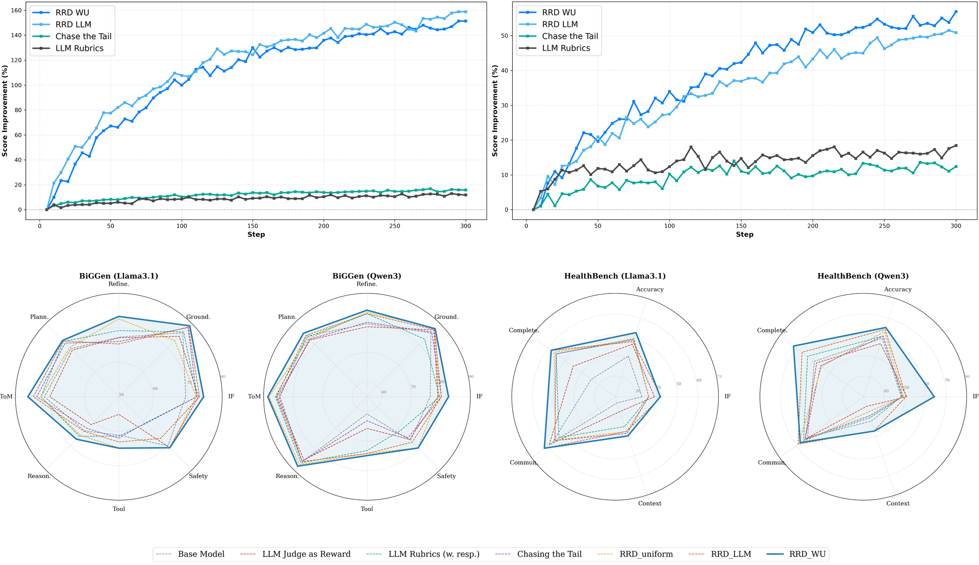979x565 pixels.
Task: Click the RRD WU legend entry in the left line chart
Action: click(72, 13)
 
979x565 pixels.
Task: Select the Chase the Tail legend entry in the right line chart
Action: click(569, 36)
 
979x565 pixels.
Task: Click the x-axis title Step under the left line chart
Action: click(256, 234)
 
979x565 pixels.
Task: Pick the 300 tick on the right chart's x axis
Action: click(956, 226)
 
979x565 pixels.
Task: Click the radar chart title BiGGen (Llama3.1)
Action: click(119, 276)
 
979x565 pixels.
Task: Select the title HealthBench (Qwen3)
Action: click(863, 276)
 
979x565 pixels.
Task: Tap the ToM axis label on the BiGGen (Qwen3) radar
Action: click(254, 396)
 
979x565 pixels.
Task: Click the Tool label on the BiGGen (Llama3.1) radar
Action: click(119, 509)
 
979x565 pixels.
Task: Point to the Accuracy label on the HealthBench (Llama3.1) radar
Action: click(650, 289)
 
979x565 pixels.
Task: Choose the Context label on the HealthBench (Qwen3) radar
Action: click(898, 503)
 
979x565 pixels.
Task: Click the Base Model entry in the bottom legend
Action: click(201, 554)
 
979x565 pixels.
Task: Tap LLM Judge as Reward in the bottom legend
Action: click(306, 554)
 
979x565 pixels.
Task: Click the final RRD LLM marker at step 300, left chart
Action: click(465, 12)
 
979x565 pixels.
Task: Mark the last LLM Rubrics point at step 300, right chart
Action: click(956, 146)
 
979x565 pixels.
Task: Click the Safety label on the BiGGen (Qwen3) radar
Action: click(446, 476)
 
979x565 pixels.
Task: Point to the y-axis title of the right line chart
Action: click(495, 111)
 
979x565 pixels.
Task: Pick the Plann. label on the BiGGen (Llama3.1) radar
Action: click(39, 317)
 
